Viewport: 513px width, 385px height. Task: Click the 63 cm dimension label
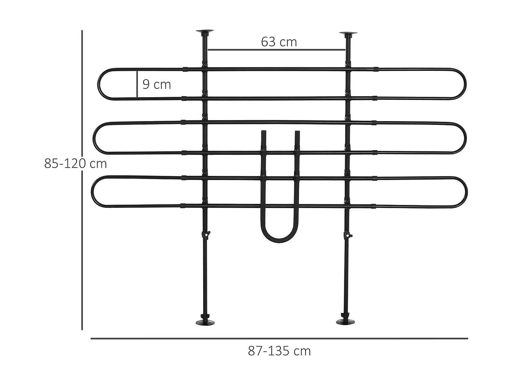[x=279, y=42]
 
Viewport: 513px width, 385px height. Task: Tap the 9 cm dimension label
[x=157, y=84]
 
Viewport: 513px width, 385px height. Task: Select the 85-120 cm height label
[x=76, y=164]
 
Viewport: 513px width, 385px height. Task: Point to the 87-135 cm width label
[x=279, y=351]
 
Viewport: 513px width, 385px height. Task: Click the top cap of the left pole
[x=205, y=32]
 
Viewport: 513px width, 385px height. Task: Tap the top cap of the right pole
[x=348, y=34]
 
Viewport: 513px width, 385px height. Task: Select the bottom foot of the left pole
[x=205, y=322]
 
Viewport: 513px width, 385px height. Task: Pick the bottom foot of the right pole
[x=345, y=322]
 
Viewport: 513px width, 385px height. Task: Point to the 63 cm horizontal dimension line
[x=276, y=50]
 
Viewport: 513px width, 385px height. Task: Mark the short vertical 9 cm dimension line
[x=137, y=84]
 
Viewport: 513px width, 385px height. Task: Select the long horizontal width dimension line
[x=279, y=339]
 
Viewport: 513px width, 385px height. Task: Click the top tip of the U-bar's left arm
[x=263, y=132]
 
